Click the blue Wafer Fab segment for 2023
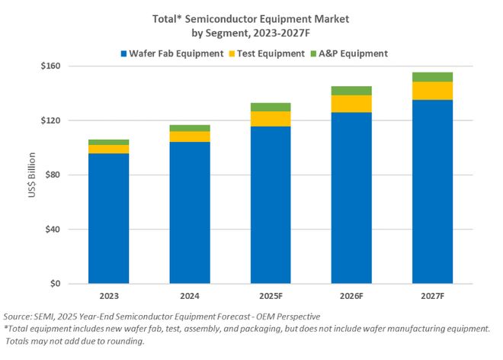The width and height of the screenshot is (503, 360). coord(107,218)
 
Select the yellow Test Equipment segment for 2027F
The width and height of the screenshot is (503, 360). coord(432,91)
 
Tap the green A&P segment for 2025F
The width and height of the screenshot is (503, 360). coord(270,107)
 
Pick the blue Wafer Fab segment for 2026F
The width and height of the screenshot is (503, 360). coord(351,198)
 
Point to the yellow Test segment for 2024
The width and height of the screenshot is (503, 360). coord(189,137)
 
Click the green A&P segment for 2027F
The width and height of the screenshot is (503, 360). coord(432,77)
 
